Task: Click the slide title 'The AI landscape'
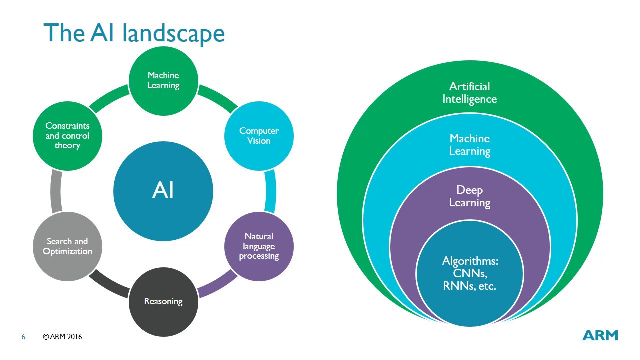[x=134, y=33]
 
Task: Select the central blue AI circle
[x=163, y=191]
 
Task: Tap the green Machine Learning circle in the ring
[x=163, y=80]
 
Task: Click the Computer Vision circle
[x=259, y=136]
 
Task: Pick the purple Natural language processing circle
[x=259, y=246]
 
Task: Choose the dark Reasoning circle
[x=163, y=301]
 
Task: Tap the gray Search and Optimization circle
[x=67, y=246]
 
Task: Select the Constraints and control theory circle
[x=67, y=136]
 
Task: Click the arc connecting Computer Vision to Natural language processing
[x=270, y=191]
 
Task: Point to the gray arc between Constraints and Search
[x=56, y=191]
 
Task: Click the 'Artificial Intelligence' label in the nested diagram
[x=469, y=93]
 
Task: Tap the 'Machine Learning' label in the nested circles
[x=469, y=145]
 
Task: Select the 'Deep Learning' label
[x=469, y=196]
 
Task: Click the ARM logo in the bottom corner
[x=600, y=335]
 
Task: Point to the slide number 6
[x=23, y=337]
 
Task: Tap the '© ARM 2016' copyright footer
[x=62, y=337]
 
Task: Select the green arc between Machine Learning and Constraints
[x=109, y=98]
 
